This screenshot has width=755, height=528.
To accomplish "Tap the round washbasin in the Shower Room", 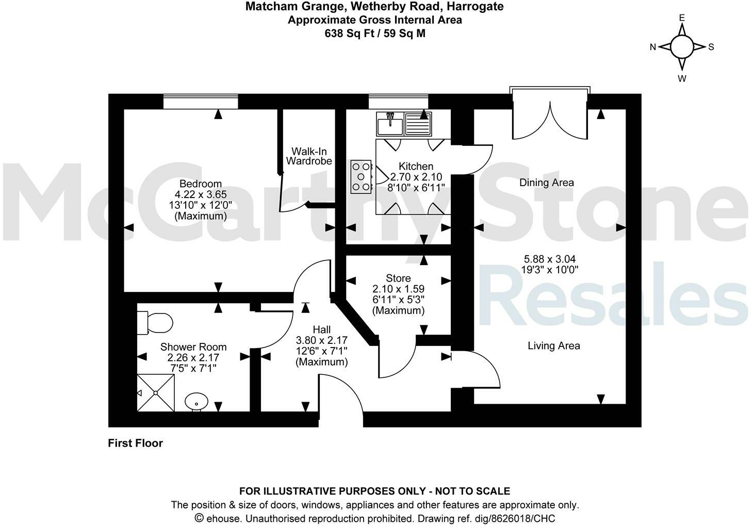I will pyautogui.click(x=196, y=401).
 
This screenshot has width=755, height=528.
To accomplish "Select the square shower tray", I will pyautogui.click(x=156, y=393).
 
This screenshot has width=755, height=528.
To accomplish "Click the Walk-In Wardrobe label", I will pyautogui.click(x=309, y=156).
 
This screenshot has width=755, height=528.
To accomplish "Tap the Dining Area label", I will pyautogui.click(x=546, y=183).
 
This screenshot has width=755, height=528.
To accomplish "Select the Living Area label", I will pyautogui.click(x=553, y=345).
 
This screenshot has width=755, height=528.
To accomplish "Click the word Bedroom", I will pyautogui.click(x=200, y=184).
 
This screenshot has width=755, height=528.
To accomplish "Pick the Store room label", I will pyautogui.click(x=398, y=278).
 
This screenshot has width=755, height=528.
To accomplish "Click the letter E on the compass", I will pyautogui.click(x=682, y=18).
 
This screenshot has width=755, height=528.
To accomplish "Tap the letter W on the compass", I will pyautogui.click(x=682, y=78).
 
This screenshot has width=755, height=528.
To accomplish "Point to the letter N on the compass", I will pyautogui.click(x=652, y=47).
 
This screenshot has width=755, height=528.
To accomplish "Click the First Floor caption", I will pyautogui.click(x=135, y=443).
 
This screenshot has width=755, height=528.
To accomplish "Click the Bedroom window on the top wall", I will pyautogui.click(x=201, y=102).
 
